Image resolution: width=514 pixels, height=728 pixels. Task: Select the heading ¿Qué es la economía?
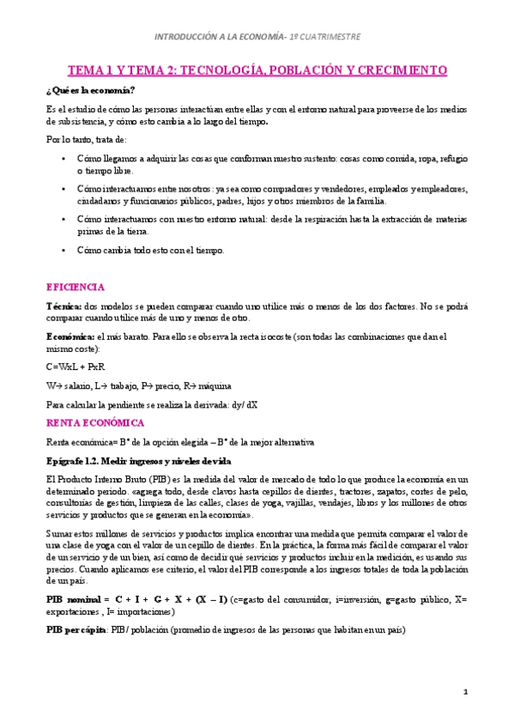(90, 90)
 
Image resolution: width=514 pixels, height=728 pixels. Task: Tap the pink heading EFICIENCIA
(75, 286)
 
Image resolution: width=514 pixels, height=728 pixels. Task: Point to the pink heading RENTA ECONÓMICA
(94, 422)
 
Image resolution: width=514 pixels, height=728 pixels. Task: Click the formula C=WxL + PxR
(77, 367)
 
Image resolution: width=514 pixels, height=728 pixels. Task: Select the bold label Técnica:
(63, 306)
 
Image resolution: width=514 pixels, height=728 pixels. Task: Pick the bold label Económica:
(70, 336)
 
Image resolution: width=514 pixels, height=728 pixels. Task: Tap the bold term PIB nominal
(73, 598)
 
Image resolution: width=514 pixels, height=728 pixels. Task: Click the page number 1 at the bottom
(464, 691)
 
